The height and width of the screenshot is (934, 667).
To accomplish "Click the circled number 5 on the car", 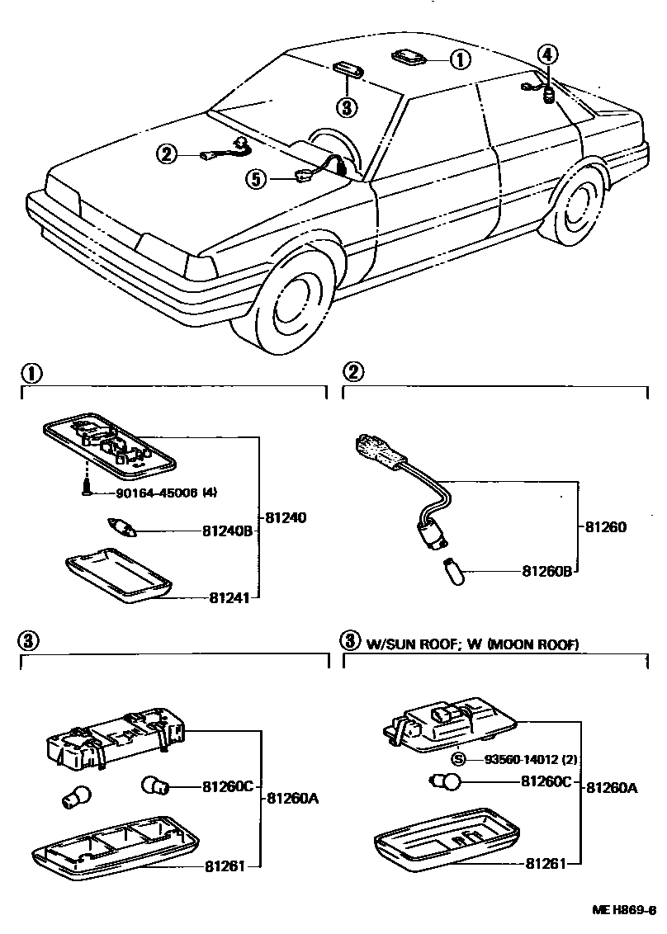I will click(x=258, y=177).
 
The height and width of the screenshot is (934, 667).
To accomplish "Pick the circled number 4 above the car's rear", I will click(x=548, y=55).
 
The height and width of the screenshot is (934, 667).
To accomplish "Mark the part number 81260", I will click(x=607, y=526).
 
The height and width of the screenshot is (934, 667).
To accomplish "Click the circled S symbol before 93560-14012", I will click(x=460, y=759).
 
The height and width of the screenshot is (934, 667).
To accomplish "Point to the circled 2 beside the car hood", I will click(x=166, y=153).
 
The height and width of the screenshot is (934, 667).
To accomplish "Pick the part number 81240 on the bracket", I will click(x=286, y=518).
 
